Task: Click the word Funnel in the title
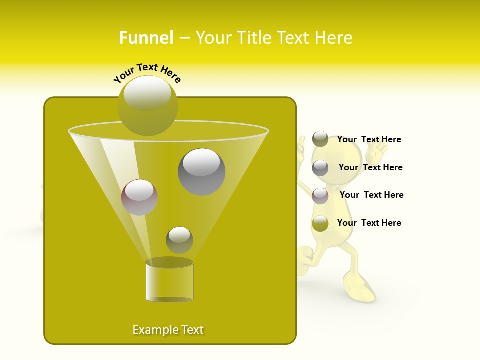coord(146,38)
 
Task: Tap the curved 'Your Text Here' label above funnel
coord(147,73)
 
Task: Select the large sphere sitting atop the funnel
coord(147,105)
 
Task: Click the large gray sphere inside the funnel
coord(201,171)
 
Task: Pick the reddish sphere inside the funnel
coord(139,197)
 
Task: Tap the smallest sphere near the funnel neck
coord(179,240)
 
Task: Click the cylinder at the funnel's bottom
coord(169,281)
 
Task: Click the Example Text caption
coord(168,330)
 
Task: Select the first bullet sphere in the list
coord(320,139)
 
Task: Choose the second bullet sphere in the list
coord(320,168)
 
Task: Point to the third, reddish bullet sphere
coord(320,196)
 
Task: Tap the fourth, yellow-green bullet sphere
coord(320,223)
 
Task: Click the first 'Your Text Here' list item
coord(369,140)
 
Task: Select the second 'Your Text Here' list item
coord(370,168)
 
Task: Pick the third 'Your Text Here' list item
coord(371,195)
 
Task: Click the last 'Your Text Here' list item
coord(369,223)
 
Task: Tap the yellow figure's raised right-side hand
coord(382,148)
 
